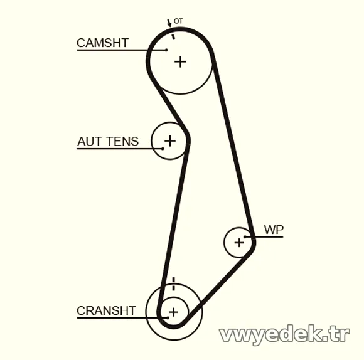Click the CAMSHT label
click(102, 43)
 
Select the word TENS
click(123, 141)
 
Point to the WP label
click(274, 230)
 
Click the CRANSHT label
click(106, 310)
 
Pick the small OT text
click(178, 21)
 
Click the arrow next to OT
click(169, 23)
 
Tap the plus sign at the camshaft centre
click(180, 62)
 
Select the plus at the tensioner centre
click(170, 140)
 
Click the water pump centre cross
click(239, 243)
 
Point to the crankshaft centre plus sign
click(174, 312)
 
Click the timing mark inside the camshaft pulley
click(173, 36)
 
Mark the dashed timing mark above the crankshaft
click(173, 283)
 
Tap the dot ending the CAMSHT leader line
click(166, 50)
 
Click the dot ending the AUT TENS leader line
click(163, 149)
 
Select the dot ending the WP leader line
click(245, 237)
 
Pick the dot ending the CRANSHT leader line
click(168, 317)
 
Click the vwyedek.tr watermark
click(284, 334)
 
